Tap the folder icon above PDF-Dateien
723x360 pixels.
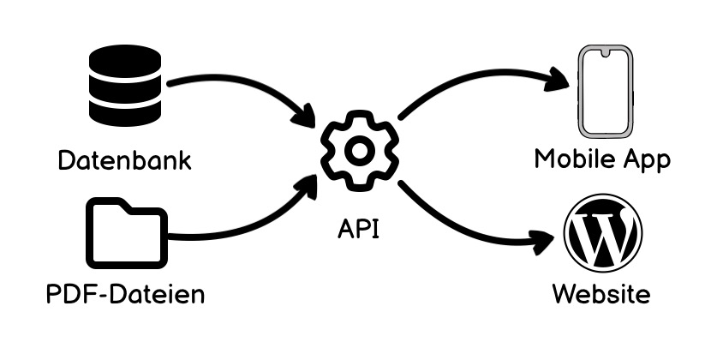coord(126,234)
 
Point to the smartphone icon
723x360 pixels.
coord(605,92)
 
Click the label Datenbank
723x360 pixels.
coord(124,161)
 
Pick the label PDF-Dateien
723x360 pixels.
coord(125,295)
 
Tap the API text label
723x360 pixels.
coord(359,229)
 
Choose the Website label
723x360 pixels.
coord(601,295)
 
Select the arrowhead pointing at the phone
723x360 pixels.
coord(561,81)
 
